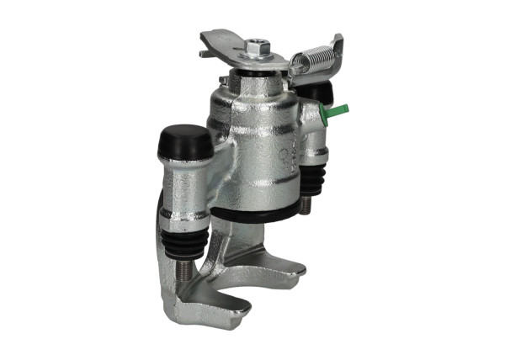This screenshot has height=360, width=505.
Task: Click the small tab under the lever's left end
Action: pos(205,54)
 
